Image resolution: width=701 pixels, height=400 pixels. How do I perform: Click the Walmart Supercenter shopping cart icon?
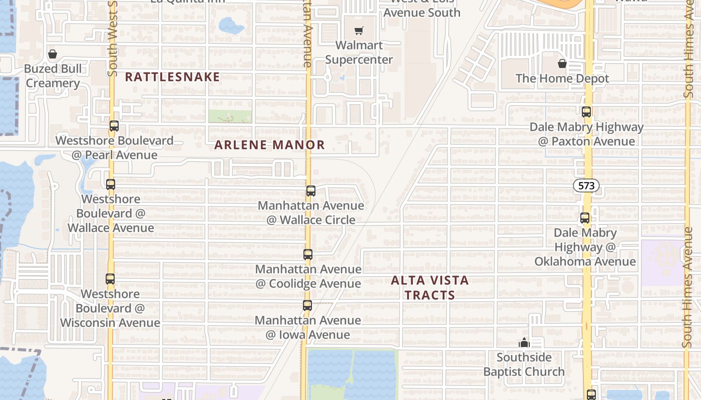[359, 31]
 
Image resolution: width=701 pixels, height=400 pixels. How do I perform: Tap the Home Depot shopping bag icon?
[562, 63]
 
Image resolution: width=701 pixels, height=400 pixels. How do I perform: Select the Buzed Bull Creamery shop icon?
[53, 54]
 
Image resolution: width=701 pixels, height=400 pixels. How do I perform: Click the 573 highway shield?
[586, 186]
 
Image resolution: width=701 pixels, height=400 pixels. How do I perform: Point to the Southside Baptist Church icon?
[524, 342]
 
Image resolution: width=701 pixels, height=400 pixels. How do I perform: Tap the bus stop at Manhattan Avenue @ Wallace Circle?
[311, 190]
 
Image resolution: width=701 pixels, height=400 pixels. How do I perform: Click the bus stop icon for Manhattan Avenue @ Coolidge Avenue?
[308, 254]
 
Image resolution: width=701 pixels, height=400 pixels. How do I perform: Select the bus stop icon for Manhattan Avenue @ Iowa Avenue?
[307, 305]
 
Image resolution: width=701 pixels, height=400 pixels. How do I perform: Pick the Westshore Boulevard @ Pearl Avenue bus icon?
[114, 126]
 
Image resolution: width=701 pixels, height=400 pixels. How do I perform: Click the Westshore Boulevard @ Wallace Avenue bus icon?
[111, 184]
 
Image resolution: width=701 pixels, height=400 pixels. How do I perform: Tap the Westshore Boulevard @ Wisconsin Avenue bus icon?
[110, 279]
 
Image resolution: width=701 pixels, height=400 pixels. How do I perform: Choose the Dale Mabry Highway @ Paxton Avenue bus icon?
[586, 112]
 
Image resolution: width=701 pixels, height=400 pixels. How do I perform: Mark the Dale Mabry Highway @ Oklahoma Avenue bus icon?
[585, 218]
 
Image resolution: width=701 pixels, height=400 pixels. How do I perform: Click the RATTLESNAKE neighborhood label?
[172, 77]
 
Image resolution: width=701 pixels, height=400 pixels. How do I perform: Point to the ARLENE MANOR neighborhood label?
[270, 145]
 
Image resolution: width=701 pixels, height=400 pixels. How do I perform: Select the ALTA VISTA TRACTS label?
[430, 287]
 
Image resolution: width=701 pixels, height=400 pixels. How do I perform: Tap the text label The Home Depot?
[562, 78]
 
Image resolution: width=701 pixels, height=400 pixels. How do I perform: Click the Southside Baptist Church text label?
[524, 364]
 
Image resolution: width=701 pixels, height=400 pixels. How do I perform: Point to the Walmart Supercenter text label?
[359, 52]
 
